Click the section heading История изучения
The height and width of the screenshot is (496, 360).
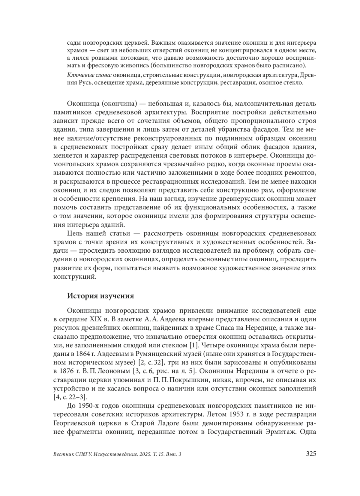click(100, 296)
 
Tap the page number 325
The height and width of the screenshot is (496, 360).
click(311, 454)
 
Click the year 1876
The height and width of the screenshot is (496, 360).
click(65, 371)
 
